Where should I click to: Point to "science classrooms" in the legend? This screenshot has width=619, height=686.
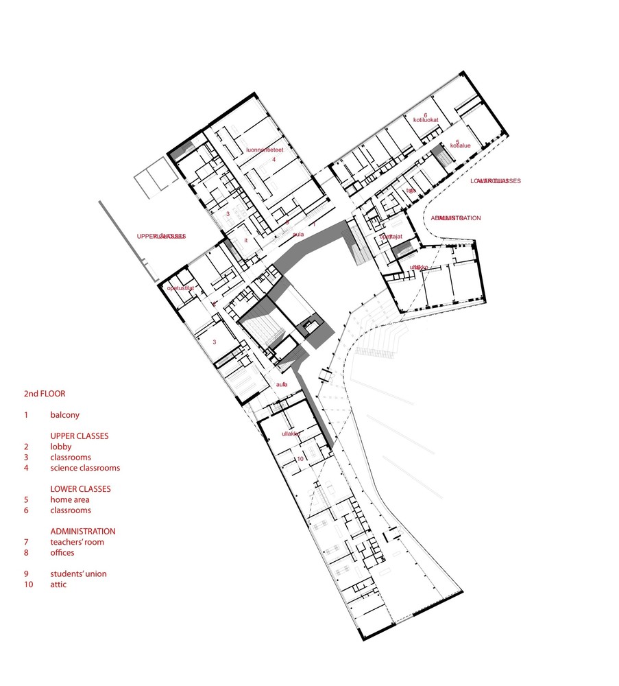pos(85,468)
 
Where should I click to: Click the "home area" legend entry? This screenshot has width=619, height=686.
pos(70,499)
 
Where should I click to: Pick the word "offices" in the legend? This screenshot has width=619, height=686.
pos(62,552)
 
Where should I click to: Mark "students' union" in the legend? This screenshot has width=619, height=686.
pos(78,573)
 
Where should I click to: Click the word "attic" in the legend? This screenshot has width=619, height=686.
pos(58,584)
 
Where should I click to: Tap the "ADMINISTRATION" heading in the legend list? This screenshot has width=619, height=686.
pos(82,531)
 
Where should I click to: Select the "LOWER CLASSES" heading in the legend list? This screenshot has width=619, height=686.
pos(80,489)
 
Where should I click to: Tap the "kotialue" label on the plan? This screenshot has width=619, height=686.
pos(459,145)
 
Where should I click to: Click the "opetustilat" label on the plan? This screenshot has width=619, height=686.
pos(181,289)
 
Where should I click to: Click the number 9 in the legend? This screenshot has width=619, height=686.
pos(26,573)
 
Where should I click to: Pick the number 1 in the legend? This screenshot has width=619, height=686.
pos(26,415)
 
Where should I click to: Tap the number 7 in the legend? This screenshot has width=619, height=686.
pos(26,542)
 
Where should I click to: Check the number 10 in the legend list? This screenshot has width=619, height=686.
pos(28,584)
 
